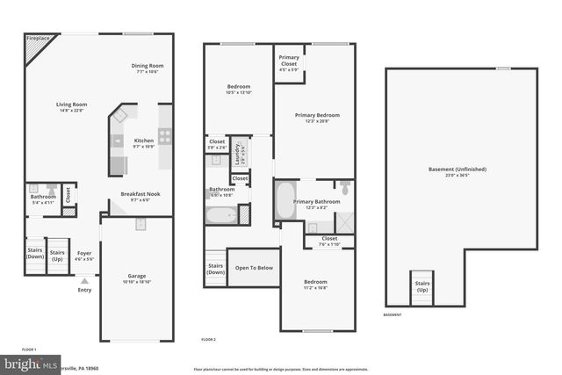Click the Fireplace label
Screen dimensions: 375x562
click(x=38, y=40)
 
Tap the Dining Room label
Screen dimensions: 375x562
click(x=148, y=68)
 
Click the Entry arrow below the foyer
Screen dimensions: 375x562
click(x=84, y=280)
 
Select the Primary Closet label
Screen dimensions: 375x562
click(x=289, y=61)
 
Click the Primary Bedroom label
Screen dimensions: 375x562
click(x=317, y=117)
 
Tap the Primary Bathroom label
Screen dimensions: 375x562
click(x=316, y=204)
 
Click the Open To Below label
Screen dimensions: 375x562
click(x=254, y=268)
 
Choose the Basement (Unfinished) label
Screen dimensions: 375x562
click(x=457, y=171)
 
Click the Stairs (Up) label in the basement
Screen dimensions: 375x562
click(x=422, y=285)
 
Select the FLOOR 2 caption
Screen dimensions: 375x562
click(x=208, y=339)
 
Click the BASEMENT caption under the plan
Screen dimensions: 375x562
click(x=393, y=314)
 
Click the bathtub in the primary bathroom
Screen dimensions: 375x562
click(x=285, y=201)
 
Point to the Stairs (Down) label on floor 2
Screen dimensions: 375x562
click(x=215, y=269)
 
